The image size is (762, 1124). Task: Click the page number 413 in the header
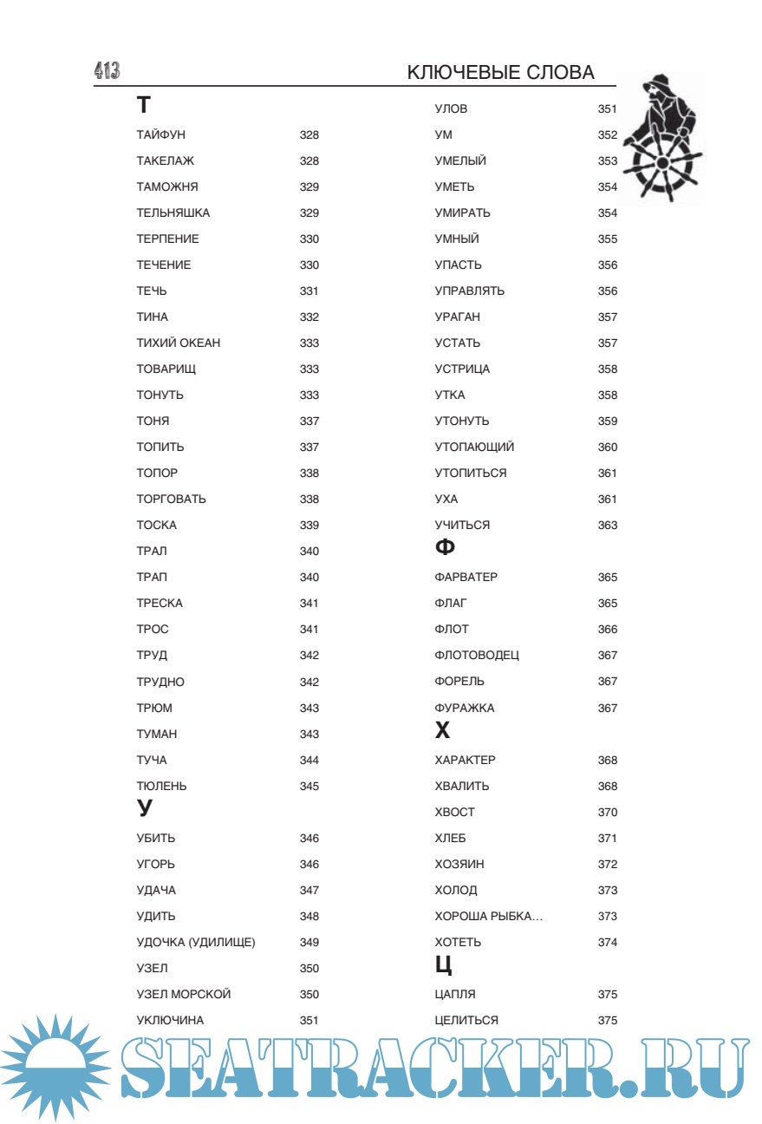[x=107, y=72]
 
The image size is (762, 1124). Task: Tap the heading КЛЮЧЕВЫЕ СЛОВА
[x=500, y=73]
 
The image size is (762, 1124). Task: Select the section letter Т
[x=144, y=106]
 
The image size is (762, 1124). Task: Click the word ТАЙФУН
[x=160, y=135]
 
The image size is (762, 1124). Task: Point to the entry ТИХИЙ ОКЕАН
[x=178, y=343]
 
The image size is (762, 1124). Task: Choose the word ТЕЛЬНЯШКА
[x=173, y=213]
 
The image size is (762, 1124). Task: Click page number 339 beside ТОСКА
[x=309, y=526]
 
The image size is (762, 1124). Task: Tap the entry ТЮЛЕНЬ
[x=161, y=787]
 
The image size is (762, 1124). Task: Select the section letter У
[x=145, y=809]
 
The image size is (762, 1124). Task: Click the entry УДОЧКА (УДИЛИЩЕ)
[x=196, y=943]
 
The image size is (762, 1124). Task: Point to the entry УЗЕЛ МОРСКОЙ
[x=184, y=995]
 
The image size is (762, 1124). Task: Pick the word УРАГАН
[x=457, y=317]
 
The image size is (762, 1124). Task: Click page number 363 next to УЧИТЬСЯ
[x=608, y=526]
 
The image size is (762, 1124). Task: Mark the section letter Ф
[x=445, y=548]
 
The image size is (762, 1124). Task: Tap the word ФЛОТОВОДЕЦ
[x=477, y=656]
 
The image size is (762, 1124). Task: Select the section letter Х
[x=443, y=731]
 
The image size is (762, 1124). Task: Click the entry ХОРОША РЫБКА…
[x=489, y=917]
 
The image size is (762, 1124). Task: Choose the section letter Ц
[x=444, y=965]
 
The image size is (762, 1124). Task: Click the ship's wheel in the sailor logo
[x=664, y=165]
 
